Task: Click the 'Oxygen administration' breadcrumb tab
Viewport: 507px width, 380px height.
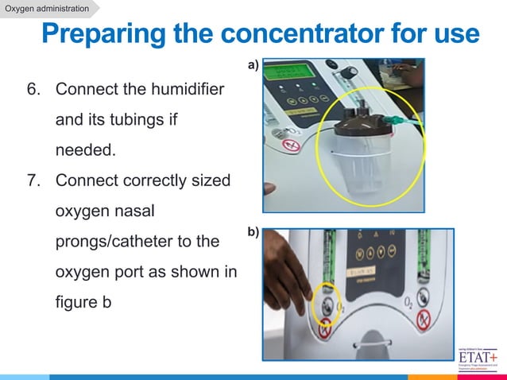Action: coord(47,9)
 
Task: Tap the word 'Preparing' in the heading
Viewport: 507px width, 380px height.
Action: coord(114,35)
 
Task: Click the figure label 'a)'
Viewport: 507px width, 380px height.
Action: coord(253,67)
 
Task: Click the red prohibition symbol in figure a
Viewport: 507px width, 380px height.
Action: coord(291,145)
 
